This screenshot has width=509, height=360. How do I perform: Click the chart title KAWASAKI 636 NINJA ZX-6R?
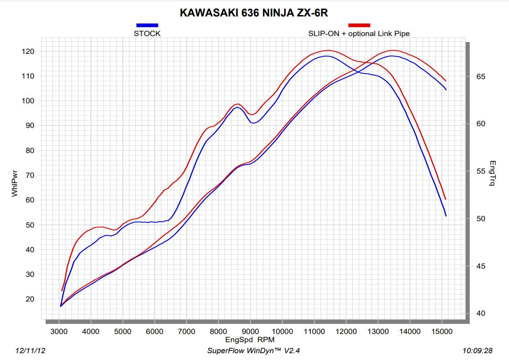pos(254,13)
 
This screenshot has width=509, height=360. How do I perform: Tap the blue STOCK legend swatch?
pos(147,26)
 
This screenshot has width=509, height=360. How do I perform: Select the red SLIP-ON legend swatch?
pos(359,26)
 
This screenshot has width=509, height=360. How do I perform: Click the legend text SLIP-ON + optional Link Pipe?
pos(359,33)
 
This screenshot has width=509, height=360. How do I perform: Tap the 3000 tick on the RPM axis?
pos(59,331)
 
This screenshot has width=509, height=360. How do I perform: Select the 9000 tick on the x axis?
pos(250,331)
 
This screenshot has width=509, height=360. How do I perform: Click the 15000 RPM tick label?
pos(441,331)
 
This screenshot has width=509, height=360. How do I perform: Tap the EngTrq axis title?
pos(492,173)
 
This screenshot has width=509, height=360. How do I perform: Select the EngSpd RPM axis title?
pos(250,340)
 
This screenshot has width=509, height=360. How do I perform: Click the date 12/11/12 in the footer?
pos(30,350)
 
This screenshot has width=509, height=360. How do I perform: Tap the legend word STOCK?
pos(147,33)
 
